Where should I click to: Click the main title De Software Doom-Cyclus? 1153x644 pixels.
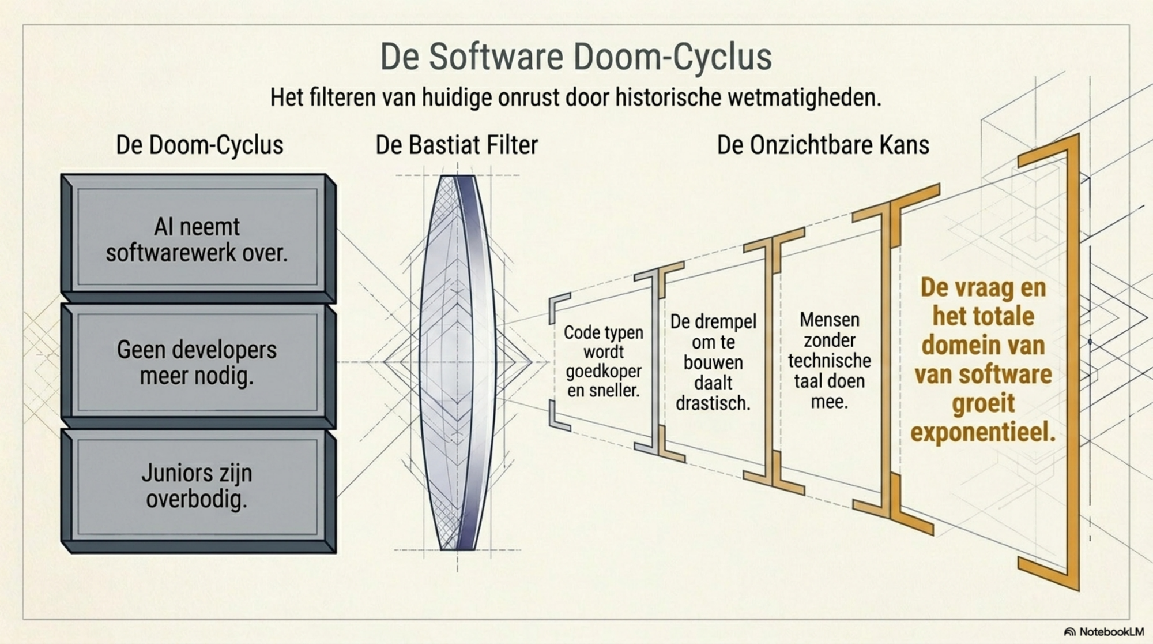click(575, 57)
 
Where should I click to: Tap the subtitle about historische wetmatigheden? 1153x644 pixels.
click(575, 97)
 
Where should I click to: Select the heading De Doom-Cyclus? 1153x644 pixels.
click(199, 145)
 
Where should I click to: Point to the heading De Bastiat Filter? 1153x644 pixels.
click(457, 145)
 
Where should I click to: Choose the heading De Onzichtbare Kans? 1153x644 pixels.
click(823, 145)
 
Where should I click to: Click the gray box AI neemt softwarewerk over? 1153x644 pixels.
click(198, 238)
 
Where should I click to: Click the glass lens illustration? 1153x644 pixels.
click(457, 362)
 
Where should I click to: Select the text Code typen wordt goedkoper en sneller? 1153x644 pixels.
click(604, 361)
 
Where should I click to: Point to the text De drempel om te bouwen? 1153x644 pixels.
click(713, 342)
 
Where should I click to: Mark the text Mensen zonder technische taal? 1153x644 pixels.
click(829, 350)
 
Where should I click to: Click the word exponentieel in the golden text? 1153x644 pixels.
click(983, 433)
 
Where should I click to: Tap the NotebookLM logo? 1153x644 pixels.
click(1104, 632)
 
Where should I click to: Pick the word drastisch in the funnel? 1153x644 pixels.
click(713, 403)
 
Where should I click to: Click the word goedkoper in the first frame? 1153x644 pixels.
click(604, 372)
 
